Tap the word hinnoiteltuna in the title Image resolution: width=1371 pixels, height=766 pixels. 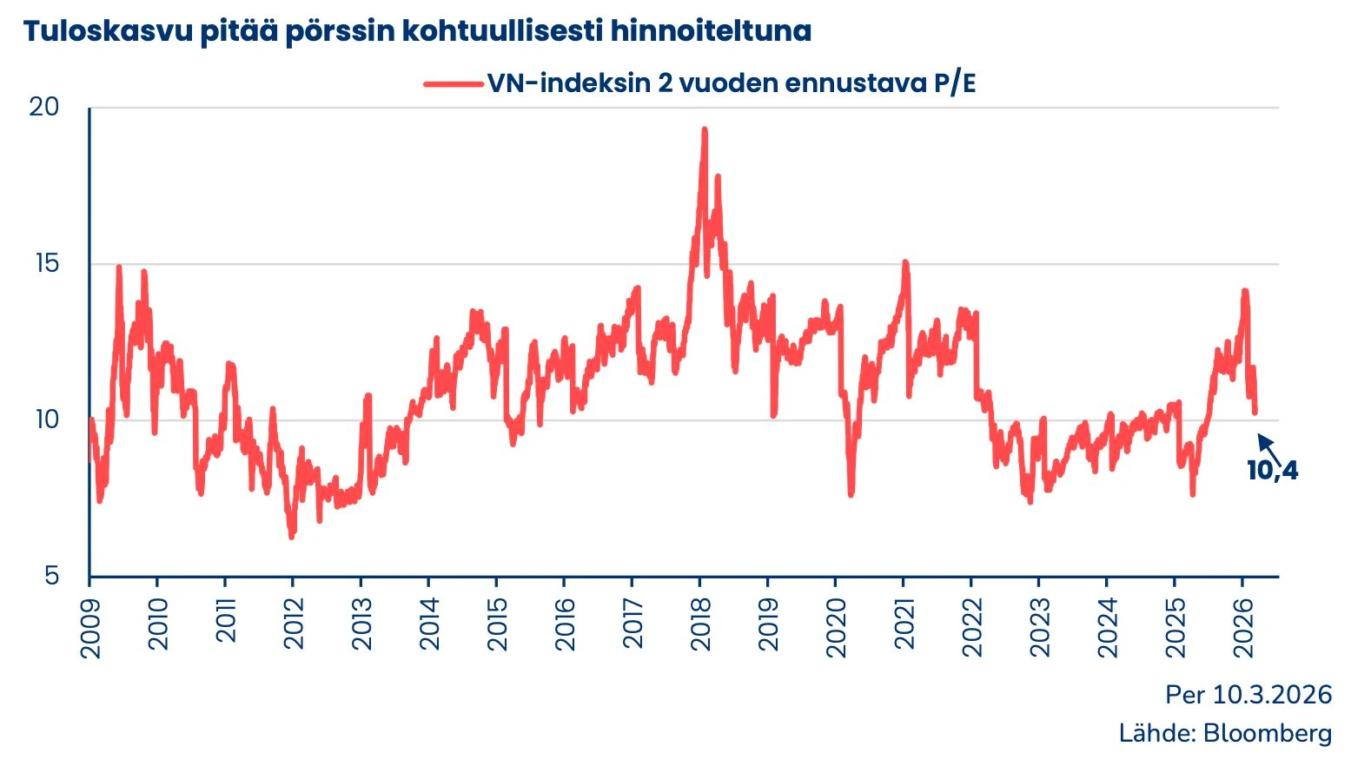(x=711, y=31)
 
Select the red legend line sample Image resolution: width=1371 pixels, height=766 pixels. (x=453, y=84)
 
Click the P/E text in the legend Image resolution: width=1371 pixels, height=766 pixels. (x=954, y=83)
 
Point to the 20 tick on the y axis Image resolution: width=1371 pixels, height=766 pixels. (x=44, y=107)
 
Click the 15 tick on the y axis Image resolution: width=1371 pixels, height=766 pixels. (x=47, y=263)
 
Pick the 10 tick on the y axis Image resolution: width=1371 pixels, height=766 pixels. (x=47, y=419)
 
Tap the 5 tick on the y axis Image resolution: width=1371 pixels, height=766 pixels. (x=52, y=575)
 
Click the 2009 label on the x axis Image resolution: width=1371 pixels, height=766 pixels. (x=90, y=627)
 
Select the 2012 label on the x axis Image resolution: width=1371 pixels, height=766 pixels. (x=294, y=624)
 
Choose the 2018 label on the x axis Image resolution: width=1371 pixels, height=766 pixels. (x=700, y=624)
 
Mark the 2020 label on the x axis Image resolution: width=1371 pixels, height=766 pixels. (x=836, y=627)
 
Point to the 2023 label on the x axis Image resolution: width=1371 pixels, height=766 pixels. (x=1039, y=627)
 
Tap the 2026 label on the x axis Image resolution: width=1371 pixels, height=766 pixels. (x=1242, y=627)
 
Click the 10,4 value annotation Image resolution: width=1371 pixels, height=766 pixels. (x=1272, y=471)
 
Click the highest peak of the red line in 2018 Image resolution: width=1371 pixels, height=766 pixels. (x=704, y=130)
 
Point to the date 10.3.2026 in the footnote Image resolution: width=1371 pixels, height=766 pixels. (x=1272, y=695)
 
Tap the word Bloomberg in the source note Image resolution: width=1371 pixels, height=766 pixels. (x=1267, y=733)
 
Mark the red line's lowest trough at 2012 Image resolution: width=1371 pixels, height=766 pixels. (x=292, y=536)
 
